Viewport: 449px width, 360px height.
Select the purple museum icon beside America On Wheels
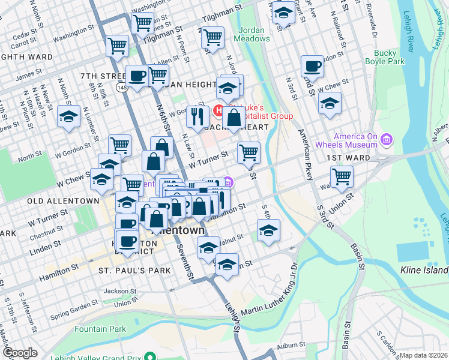(x=387, y=141)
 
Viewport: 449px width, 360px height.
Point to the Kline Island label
(x=424, y=271)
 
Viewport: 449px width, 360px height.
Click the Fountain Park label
(x=100, y=329)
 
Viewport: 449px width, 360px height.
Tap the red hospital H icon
(x=219, y=111)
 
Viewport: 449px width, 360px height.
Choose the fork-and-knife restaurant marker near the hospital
(x=197, y=116)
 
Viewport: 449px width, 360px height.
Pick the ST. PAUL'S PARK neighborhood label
(x=134, y=271)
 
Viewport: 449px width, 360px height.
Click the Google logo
(x=20, y=353)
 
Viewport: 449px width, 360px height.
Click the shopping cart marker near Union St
(x=342, y=176)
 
